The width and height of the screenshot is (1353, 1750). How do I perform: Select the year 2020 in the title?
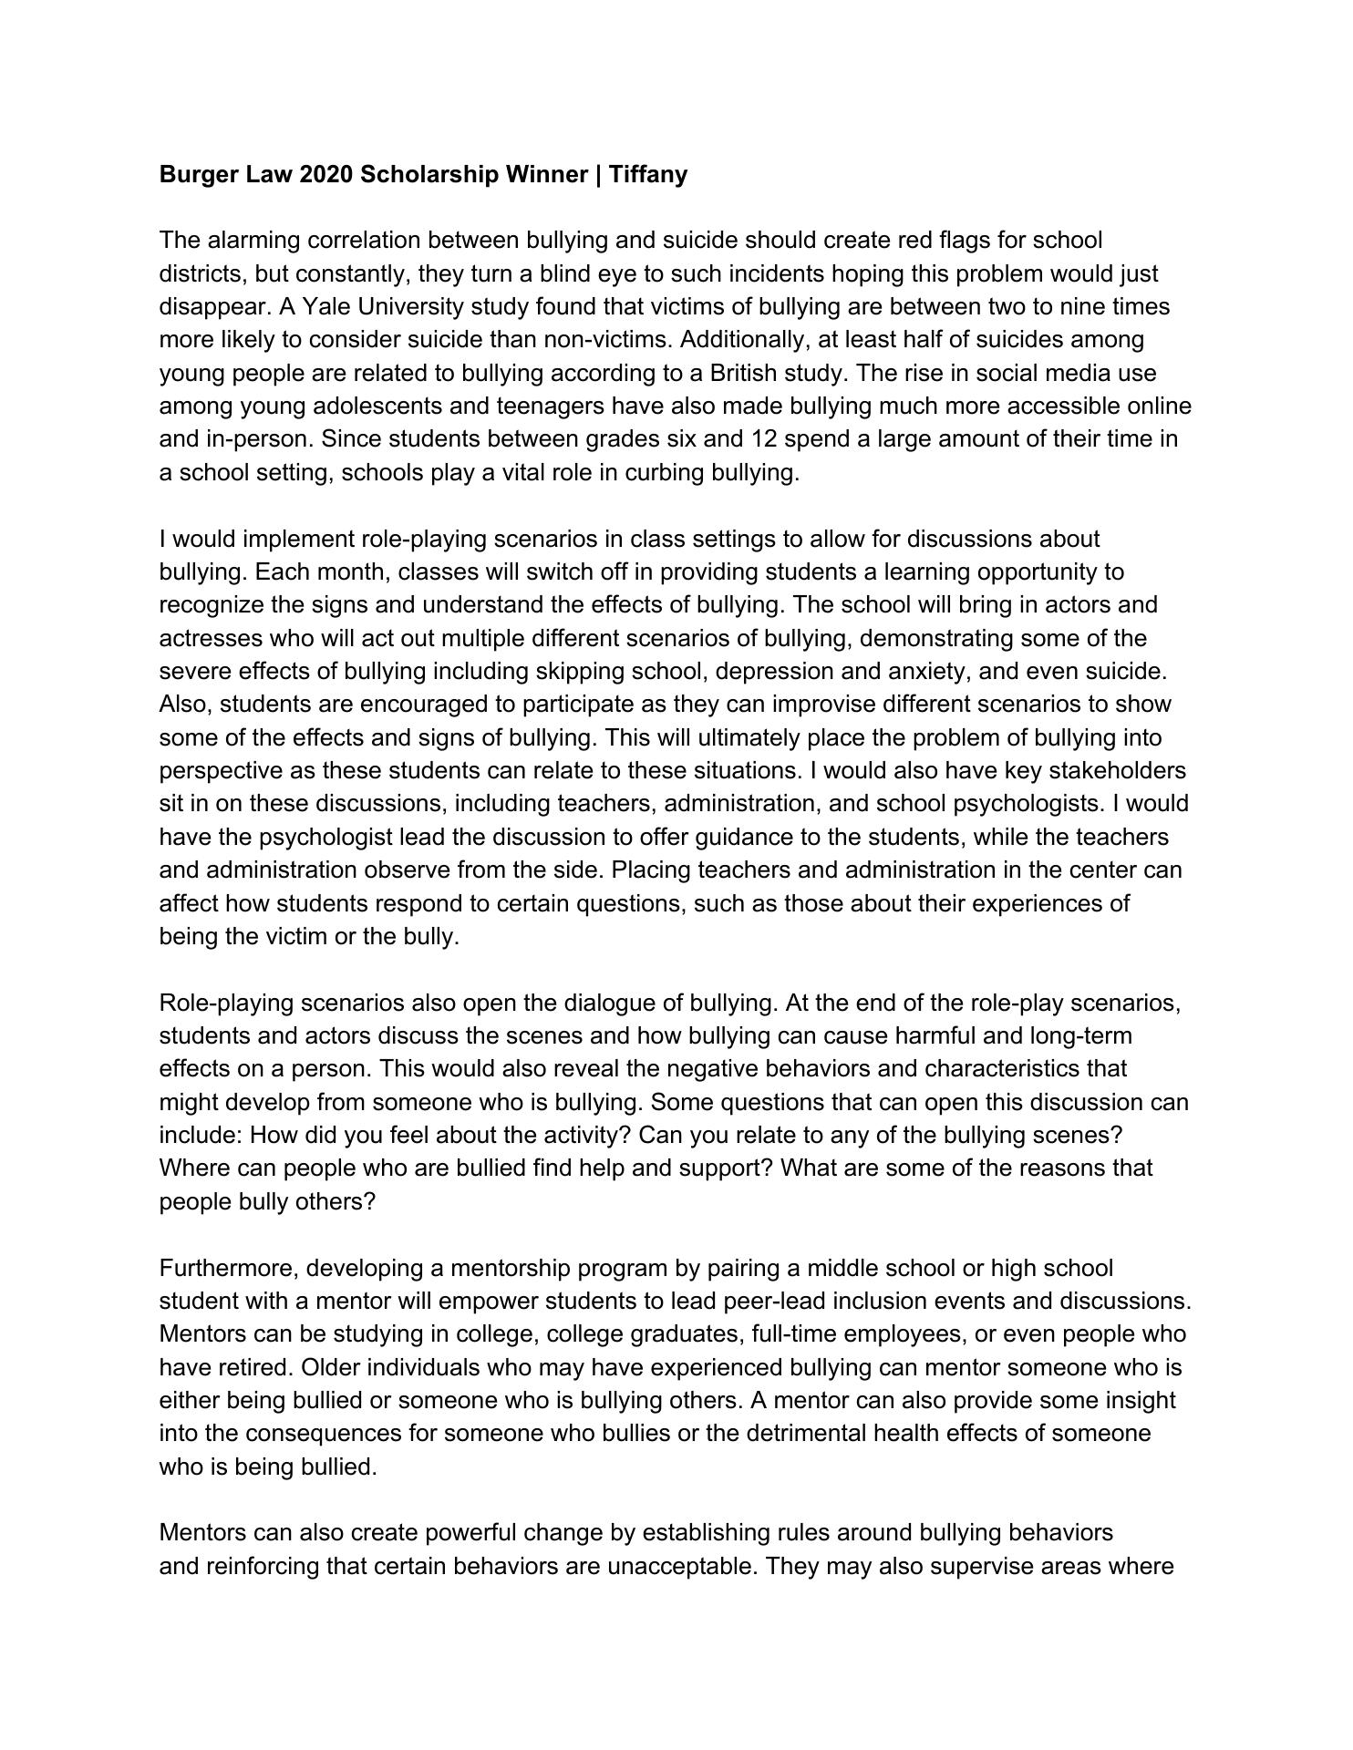[325, 174]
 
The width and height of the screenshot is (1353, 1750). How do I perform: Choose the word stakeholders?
[1118, 771]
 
